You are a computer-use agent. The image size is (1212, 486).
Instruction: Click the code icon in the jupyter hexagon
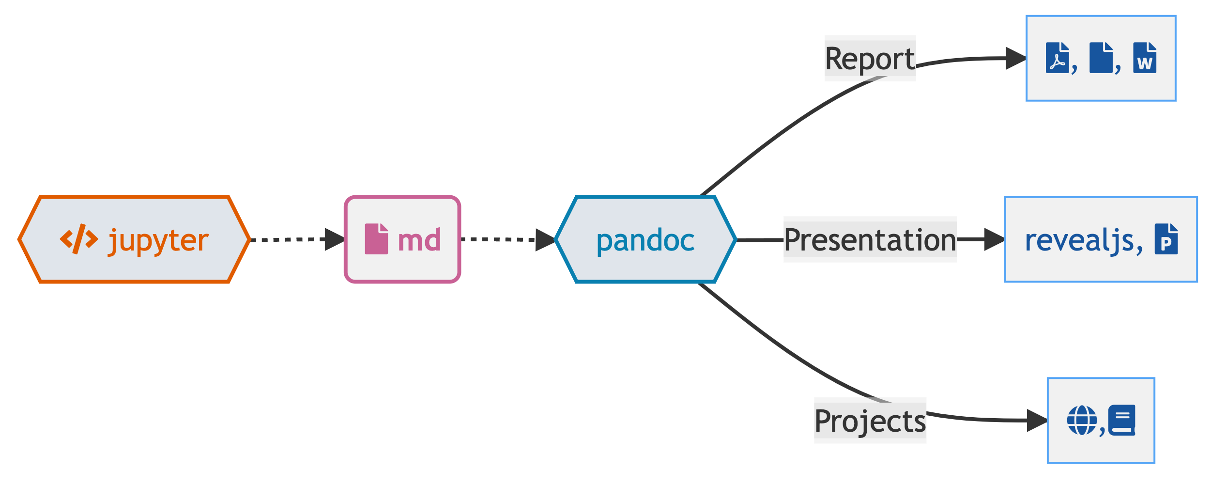(79, 239)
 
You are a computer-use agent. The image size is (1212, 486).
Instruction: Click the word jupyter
(159, 240)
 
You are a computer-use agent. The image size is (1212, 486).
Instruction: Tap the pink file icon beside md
(376, 239)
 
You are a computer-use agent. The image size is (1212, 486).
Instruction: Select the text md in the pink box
(419, 240)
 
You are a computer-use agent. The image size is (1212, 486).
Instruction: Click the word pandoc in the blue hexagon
(645, 240)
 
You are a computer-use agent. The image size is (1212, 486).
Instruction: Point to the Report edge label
(870, 59)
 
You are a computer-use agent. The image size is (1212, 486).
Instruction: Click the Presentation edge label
(870, 240)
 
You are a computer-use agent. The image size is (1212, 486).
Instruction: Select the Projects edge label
(870, 421)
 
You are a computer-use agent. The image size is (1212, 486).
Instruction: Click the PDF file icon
(1057, 58)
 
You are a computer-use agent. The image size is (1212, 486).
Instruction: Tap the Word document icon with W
(1144, 58)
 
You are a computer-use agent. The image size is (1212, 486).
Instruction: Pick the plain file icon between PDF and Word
(1101, 58)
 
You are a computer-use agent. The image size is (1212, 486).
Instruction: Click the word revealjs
(1079, 240)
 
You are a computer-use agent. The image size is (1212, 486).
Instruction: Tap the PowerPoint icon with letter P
(1166, 239)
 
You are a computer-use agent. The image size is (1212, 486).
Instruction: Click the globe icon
(1082, 421)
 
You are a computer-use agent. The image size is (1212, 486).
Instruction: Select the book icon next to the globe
(1122, 421)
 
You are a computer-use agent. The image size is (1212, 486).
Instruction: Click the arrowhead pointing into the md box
(335, 239)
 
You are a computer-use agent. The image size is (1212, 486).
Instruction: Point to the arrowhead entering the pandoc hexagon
(545, 240)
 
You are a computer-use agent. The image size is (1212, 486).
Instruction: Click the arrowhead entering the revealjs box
(994, 239)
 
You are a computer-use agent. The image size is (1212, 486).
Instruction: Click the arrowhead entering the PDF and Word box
(1015, 58)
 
